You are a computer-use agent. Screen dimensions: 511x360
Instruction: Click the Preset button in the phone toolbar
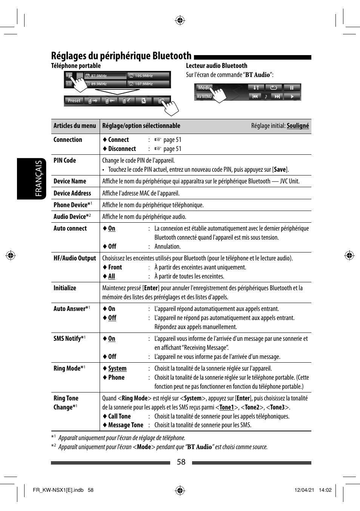point(74,101)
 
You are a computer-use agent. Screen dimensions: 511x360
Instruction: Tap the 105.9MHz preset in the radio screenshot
point(148,76)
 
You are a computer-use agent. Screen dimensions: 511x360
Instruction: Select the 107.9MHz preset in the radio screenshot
point(148,84)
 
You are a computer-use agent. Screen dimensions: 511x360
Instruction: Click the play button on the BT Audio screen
point(292,97)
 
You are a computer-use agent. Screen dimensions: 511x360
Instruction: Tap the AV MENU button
point(204,97)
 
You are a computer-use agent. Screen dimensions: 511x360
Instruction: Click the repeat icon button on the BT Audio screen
point(274,88)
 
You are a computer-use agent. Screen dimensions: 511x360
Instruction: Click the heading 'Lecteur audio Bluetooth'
point(216,66)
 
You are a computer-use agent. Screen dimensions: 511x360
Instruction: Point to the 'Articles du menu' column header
point(75,126)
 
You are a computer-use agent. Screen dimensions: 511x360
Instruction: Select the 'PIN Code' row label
point(65,160)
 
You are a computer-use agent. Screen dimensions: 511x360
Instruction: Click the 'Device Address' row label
point(72,193)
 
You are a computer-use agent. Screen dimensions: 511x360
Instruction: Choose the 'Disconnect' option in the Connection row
point(122,149)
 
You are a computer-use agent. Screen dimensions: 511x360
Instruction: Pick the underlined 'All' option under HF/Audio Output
point(111,276)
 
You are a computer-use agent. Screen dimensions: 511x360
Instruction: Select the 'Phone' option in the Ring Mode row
point(116,377)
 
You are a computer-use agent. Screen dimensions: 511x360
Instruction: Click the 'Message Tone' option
point(126,425)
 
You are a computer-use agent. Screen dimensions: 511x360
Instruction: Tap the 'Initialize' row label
point(65,288)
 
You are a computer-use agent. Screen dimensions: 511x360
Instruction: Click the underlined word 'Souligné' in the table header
point(297,126)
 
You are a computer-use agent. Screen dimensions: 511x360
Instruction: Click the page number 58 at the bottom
point(181,462)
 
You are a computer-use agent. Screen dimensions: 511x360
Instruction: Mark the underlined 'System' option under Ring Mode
point(117,368)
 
